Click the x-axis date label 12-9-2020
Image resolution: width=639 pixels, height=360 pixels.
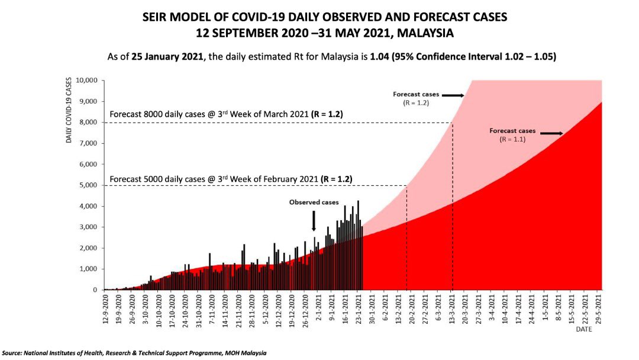click(106, 309)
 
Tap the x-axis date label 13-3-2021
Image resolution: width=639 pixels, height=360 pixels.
click(453, 309)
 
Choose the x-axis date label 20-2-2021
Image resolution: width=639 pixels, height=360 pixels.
click(407, 309)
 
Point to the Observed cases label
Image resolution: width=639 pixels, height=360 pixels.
click(314, 202)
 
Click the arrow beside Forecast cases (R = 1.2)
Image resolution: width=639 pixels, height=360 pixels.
click(453, 95)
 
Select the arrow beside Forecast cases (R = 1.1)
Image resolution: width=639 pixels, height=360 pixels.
click(551, 134)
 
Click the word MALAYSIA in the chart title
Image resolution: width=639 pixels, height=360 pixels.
click(425, 33)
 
